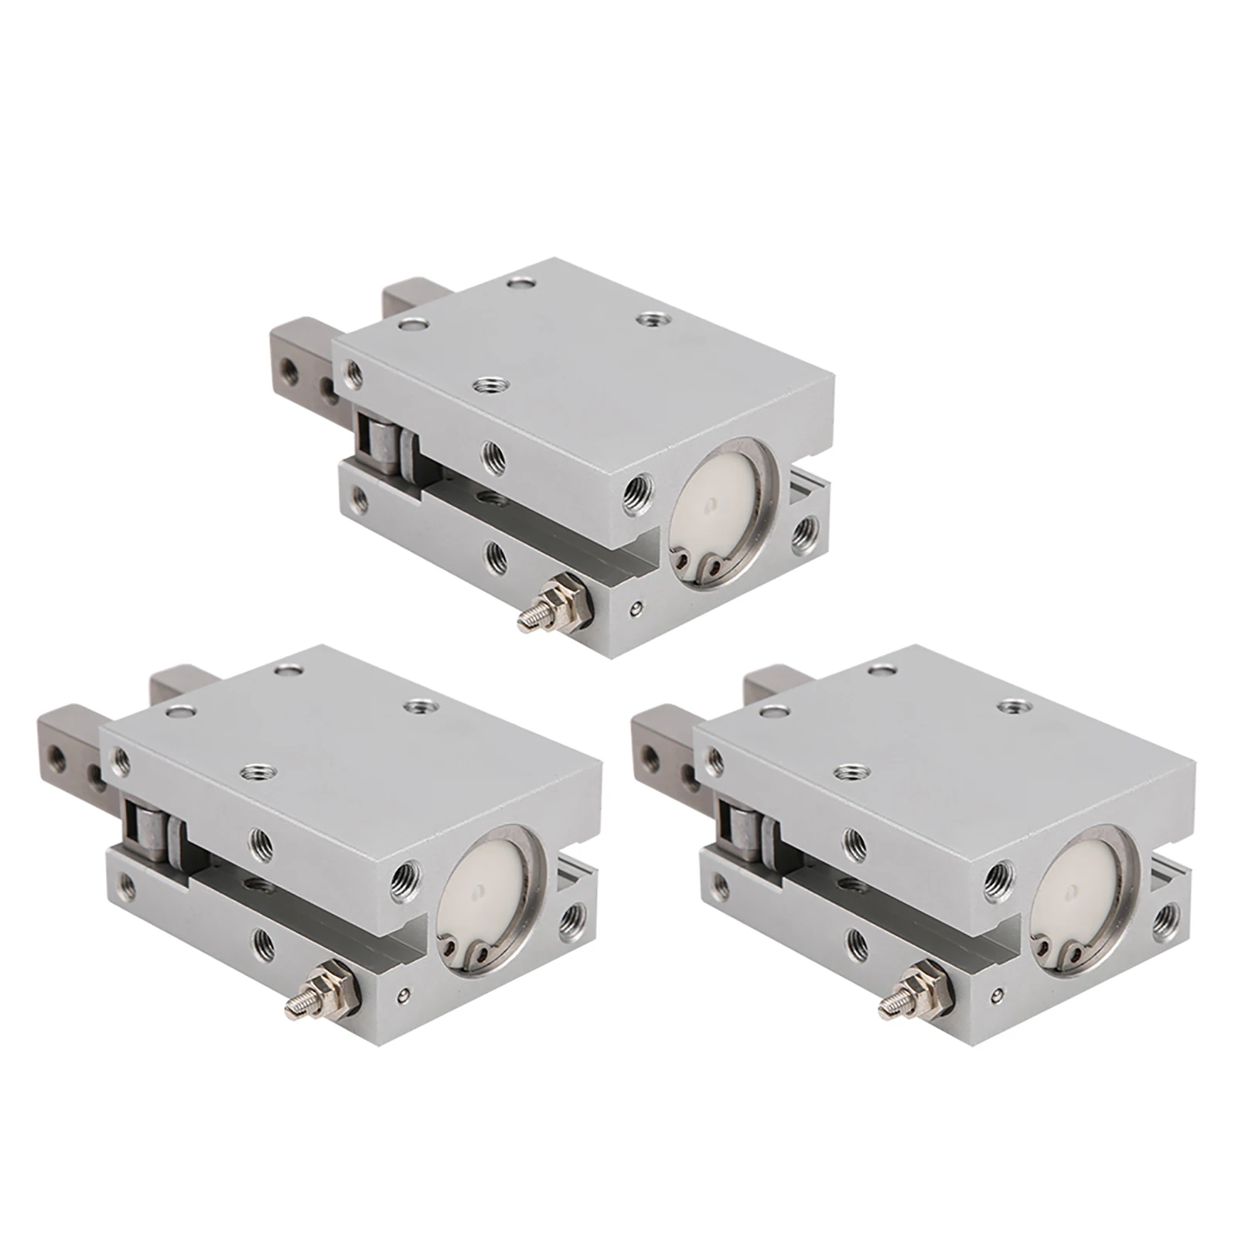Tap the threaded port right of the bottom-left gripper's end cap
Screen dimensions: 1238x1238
point(572,917)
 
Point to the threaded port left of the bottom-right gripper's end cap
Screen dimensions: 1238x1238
point(1004,876)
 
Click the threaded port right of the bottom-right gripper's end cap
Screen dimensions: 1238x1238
point(1167,917)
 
